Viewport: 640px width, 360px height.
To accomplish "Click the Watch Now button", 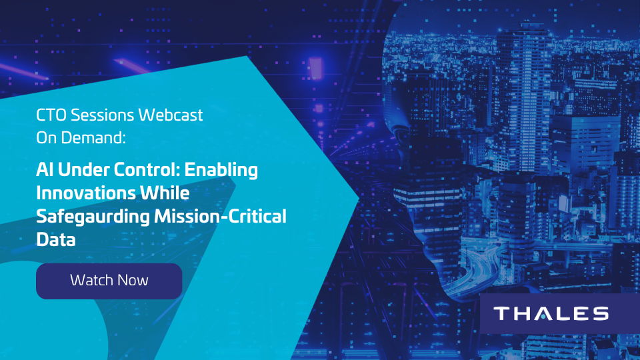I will coord(109,281).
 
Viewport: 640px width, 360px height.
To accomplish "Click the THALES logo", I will coord(551,313).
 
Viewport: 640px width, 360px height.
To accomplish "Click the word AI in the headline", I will coord(45,170).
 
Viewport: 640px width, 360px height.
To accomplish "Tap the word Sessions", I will coord(102,115).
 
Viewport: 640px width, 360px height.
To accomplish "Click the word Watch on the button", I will coord(91,281).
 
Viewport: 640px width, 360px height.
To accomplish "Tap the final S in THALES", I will coord(600,313).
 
